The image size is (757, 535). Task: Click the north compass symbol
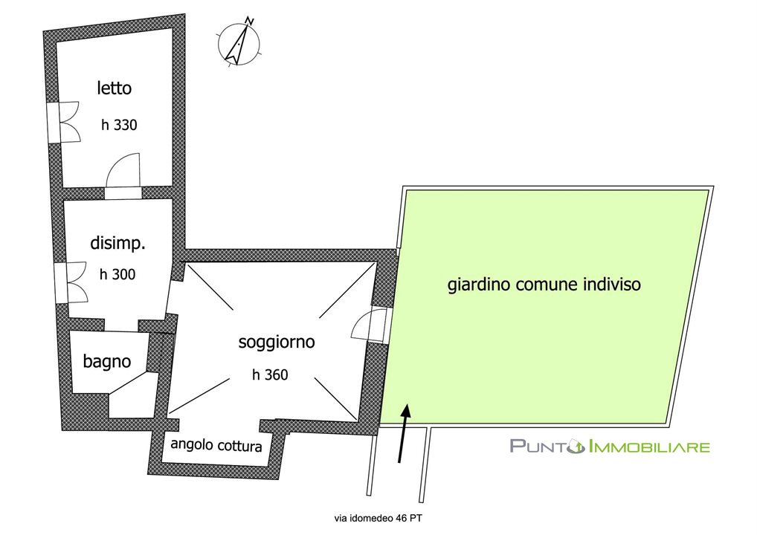(240, 42)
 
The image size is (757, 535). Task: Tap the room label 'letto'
(115, 88)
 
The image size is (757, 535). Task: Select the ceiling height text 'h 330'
(120, 125)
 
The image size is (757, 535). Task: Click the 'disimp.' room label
(117, 243)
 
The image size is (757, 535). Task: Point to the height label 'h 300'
(117, 274)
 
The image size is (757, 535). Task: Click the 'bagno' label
(107, 362)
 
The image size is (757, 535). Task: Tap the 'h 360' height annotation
(270, 374)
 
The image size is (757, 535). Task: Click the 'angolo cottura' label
(216, 445)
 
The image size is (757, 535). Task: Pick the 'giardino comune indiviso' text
(544, 284)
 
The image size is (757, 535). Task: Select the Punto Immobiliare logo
(609, 446)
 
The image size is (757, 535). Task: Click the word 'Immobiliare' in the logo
(648, 447)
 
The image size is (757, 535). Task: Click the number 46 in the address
(398, 517)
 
